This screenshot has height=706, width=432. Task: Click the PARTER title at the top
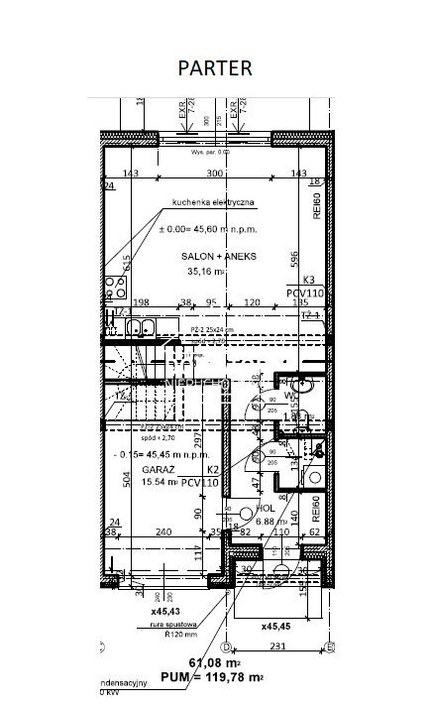(x=214, y=67)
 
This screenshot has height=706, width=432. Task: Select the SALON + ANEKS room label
(x=218, y=256)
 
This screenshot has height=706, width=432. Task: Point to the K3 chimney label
(x=307, y=281)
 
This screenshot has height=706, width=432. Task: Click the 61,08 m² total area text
(x=217, y=660)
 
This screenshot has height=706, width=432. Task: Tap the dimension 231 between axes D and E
(x=278, y=647)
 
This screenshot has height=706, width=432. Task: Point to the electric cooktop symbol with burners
(x=114, y=288)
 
